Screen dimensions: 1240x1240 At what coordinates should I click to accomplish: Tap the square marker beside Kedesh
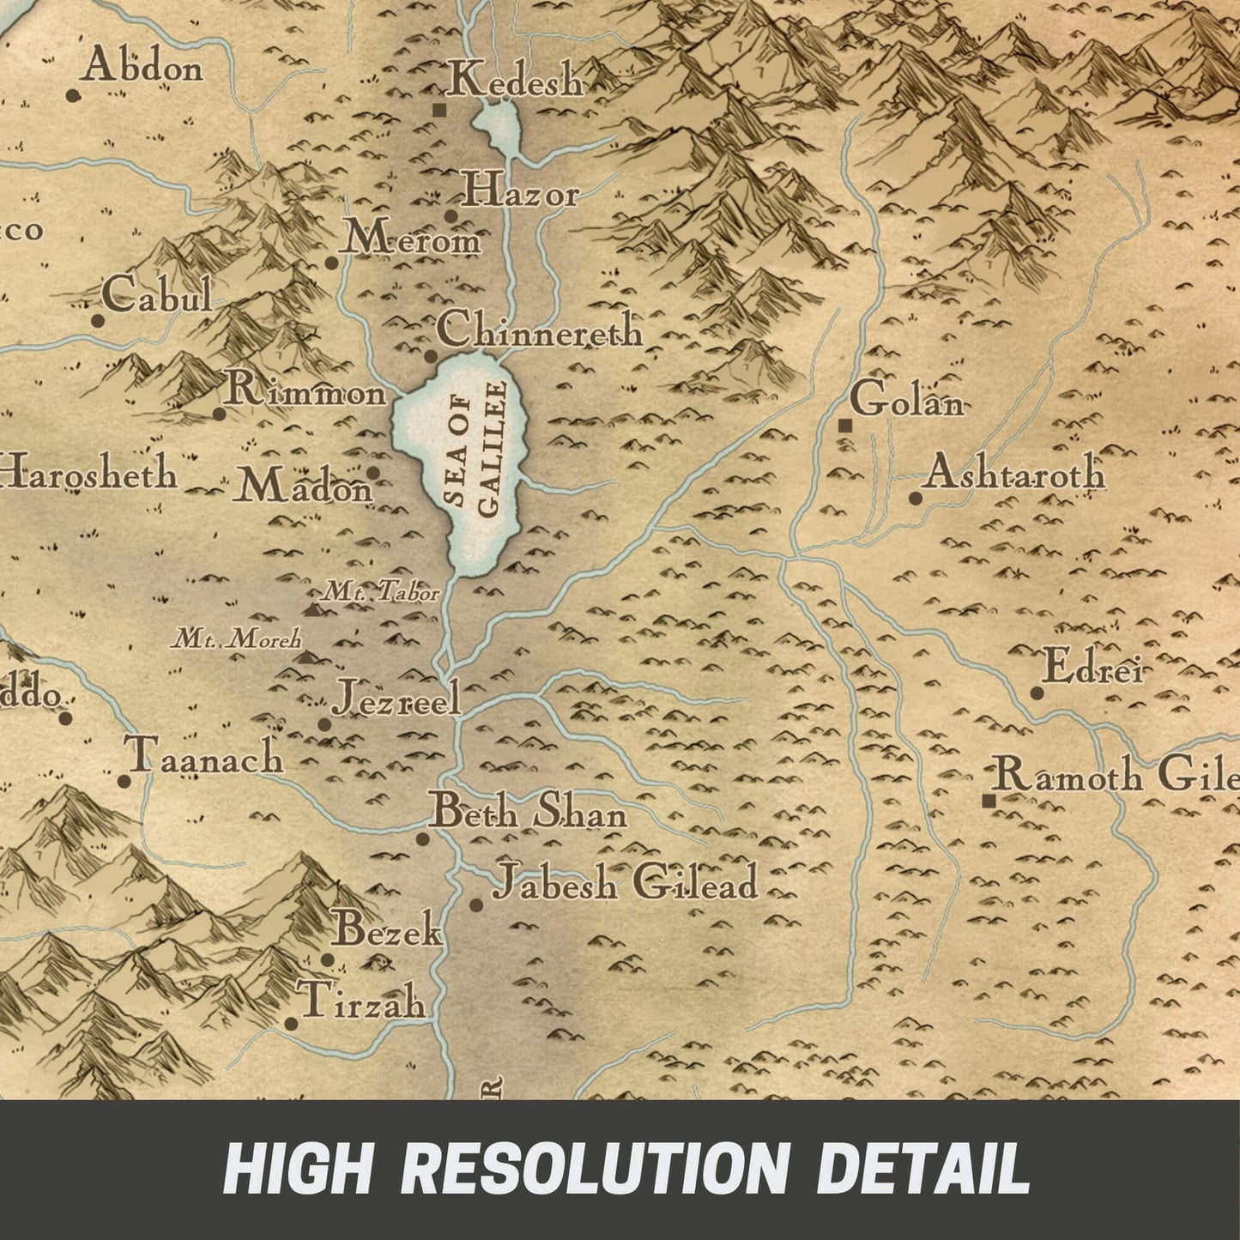click(x=439, y=110)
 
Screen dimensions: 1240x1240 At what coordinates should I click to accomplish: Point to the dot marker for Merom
click(x=331, y=263)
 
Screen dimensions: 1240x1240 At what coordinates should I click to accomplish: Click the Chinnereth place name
click(x=540, y=330)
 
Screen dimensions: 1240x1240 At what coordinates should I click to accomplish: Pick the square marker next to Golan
click(x=845, y=425)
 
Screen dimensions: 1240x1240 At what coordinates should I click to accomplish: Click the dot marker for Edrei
click(x=1037, y=693)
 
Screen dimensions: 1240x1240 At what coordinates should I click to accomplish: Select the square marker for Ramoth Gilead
click(x=989, y=801)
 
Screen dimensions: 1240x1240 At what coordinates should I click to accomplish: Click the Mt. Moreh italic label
click(x=238, y=638)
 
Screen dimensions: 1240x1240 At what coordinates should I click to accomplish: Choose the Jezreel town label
click(x=397, y=698)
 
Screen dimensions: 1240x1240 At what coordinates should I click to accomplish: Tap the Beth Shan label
click(x=528, y=812)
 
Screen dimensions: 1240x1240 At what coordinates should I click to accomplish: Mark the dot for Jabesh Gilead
click(x=475, y=904)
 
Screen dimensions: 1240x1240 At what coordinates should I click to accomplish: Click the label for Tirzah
click(x=361, y=1001)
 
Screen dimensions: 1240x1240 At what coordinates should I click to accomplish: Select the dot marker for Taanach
click(x=124, y=782)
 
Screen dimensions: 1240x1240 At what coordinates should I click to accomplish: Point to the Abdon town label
click(x=143, y=67)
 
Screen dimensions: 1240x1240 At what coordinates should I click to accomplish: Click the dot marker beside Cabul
click(x=98, y=322)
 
